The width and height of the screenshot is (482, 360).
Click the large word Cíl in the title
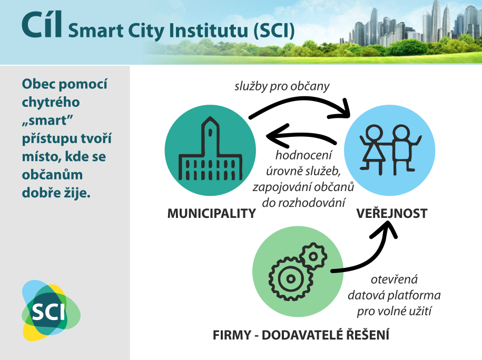click(42, 25)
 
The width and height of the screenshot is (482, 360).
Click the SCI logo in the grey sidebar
click(51, 310)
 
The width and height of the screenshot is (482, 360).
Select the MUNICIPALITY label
click(211, 213)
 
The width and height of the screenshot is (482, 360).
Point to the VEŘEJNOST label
click(392, 213)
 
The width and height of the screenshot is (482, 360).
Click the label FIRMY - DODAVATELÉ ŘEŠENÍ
click(301, 335)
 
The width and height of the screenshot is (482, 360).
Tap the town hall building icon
click(211, 148)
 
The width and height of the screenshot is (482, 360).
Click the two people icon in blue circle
click(390, 149)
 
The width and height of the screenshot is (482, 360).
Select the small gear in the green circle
click(313, 256)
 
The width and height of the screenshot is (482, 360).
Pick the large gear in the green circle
click(290, 278)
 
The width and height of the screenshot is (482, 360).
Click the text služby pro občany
click(282, 86)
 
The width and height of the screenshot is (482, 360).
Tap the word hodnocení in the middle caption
click(303, 155)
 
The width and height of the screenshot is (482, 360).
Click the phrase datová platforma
click(394, 295)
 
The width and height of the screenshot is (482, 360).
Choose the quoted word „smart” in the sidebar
click(47, 121)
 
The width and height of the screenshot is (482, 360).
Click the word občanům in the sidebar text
click(52, 175)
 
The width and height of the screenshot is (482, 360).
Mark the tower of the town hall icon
click(210, 136)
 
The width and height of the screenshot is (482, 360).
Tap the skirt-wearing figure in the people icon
click(373, 149)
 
